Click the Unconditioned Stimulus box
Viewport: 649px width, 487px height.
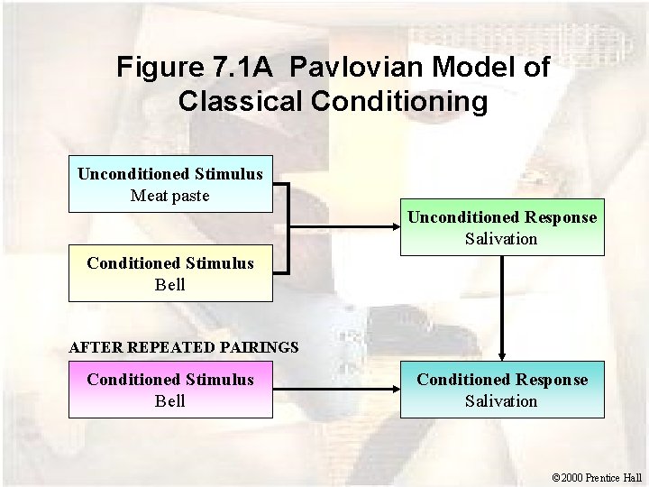170,184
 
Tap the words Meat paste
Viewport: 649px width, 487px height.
170,195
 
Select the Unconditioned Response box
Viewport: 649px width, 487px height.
502,228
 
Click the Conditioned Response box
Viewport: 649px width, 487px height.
502,391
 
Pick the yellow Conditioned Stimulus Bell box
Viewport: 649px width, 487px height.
170,274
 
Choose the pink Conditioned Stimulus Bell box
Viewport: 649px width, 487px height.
170,391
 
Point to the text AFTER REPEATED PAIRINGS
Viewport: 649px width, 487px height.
184,346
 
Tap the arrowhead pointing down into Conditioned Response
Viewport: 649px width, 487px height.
502,356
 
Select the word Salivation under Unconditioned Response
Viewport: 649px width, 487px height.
501,239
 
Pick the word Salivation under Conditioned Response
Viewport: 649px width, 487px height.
501,401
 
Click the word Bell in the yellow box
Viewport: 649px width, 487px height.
170,285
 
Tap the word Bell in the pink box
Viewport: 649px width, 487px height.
170,401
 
